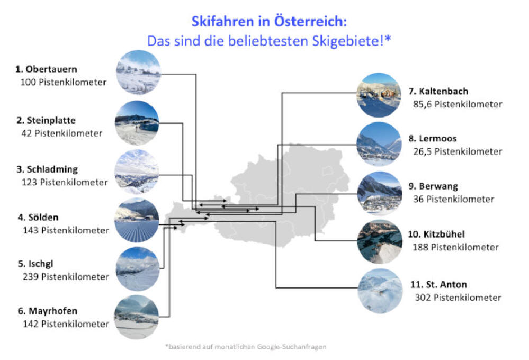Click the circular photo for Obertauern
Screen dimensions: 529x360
[x=138, y=72]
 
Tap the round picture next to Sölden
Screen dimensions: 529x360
[x=137, y=220]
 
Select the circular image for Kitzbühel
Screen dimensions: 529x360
[x=380, y=241]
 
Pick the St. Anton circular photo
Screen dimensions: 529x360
[x=380, y=291]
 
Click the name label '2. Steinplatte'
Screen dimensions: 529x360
[x=46, y=121]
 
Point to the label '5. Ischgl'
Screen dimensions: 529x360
[x=35, y=264]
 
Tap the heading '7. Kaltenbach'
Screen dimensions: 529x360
[x=438, y=92]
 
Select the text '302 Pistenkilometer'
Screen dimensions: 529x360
[x=458, y=298]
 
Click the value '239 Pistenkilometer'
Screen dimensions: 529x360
[x=66, y=277]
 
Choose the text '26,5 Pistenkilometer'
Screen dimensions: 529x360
[x=458, y=151]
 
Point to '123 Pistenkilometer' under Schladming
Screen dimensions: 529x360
[x=65, y=182]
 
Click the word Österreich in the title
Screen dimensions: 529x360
[x=310, y=21]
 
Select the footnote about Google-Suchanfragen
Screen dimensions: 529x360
[x=246, y=347]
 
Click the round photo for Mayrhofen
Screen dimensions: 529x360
[x=137, y=317]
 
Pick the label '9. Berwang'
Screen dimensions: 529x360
[x=433, y=186]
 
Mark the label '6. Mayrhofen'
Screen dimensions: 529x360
[x=47, y=311]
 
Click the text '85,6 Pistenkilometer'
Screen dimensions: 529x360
[x=458, y=104]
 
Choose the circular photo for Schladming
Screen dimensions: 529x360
[x=137, y=172]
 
